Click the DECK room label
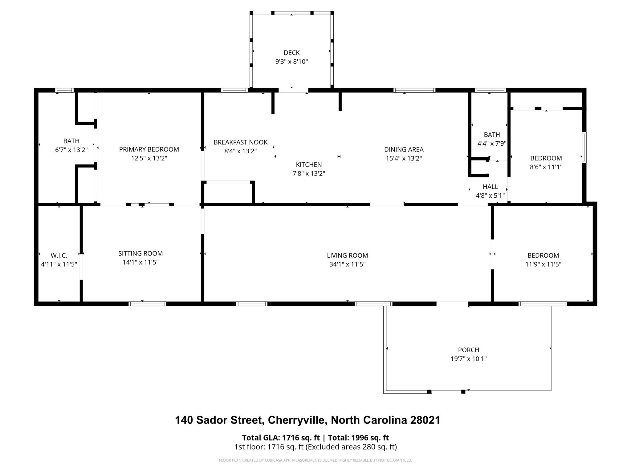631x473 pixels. pos(291,53)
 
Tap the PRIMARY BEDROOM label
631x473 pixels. pos(149,149)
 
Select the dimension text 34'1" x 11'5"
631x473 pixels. pos(348,264)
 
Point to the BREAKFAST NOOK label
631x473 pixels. pos(241,142)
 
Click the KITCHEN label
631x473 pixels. pos(309,165)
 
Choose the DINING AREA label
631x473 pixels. pos(404,150)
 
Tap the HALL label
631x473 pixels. pos(490,187)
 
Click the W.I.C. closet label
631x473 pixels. pos(59,256)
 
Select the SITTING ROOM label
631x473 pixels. pos(140,253)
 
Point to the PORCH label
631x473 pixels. pos(469,350)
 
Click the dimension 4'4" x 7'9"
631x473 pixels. pos(492,144)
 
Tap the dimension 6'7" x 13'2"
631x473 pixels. pos(71,150)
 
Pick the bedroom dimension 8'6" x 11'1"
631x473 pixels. pos(546,167)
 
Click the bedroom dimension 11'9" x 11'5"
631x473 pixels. pos(543,264)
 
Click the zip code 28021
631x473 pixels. pos(425,420)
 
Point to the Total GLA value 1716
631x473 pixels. pos(290,438)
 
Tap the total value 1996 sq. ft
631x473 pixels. pos(370,438)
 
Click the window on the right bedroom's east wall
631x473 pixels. pos(584,147)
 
